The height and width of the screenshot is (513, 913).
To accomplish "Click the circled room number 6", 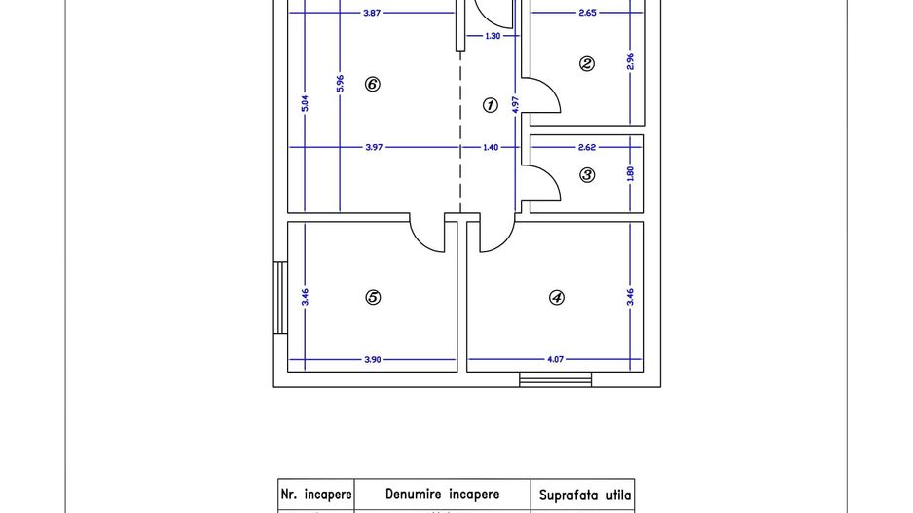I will pos(372,85).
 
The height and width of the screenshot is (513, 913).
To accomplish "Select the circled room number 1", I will pos(491,105).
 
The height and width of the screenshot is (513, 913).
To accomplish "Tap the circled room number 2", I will pos(586,64).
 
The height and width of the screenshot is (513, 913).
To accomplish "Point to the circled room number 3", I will pos(587,175).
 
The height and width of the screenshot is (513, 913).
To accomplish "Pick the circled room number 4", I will pos(557,298).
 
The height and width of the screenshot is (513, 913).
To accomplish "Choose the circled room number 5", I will pos(372,298).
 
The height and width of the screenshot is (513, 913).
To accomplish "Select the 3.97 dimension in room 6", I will pos(374,148).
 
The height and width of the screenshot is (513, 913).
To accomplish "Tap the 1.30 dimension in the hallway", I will pos(493,36).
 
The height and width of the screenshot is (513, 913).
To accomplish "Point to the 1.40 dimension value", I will pos(490,148).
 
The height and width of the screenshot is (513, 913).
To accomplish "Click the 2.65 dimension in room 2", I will pos(587,14).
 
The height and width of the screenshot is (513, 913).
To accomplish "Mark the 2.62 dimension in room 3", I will pos(586,148).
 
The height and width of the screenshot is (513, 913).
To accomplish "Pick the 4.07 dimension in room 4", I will pos(555,359).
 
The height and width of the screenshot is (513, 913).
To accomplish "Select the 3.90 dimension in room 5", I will pos(372,359).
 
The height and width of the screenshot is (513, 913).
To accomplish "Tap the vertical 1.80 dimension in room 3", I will pos(630,174).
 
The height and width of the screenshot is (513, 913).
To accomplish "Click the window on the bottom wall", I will pos(555,380).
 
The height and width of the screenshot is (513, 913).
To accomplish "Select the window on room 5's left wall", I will pos(279,298).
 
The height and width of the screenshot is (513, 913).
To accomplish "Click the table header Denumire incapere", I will pos(443,495).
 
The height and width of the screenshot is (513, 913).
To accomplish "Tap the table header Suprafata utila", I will pos(585,495).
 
